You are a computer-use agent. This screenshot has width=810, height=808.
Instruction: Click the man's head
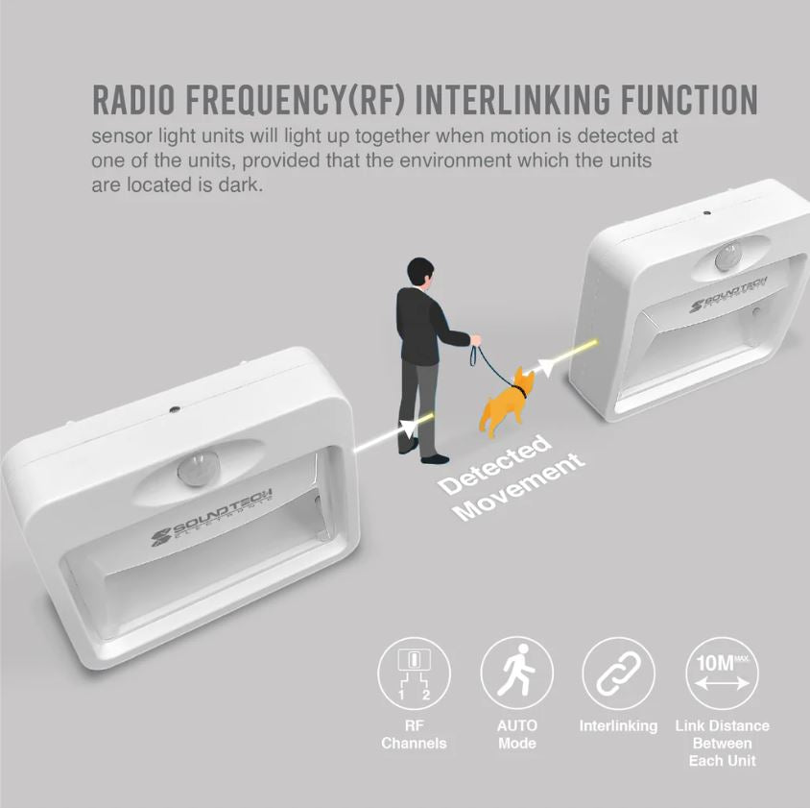418,271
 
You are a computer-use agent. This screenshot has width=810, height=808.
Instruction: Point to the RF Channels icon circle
414,673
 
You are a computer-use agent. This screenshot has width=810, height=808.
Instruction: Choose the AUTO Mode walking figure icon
517,673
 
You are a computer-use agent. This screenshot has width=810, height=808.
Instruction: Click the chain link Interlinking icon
618,673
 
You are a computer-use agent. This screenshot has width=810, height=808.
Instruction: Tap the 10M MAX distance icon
722,673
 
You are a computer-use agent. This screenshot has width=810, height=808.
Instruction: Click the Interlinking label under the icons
618,726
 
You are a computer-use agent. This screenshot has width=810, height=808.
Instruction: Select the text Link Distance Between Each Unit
722,743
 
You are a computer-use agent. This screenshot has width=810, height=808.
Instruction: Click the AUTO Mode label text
517,735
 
